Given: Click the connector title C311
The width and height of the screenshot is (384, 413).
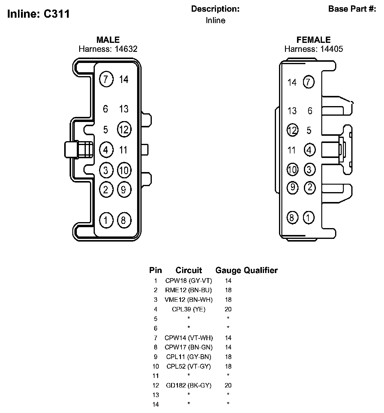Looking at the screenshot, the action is coord(56,14).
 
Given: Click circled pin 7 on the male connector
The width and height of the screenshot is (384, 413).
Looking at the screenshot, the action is coord(106,79).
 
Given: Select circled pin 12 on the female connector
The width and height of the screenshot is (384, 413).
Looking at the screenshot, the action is coord(292,130).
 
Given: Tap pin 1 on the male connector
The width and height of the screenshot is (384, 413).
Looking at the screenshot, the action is coord(106,220).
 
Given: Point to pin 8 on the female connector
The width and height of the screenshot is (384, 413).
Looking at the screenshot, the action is coord(292,218).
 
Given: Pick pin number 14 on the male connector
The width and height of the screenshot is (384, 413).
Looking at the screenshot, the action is coord(124,79).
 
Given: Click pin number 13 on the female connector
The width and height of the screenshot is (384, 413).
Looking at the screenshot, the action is coord(292,111).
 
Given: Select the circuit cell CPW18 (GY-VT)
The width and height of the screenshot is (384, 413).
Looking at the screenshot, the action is coord(188,281).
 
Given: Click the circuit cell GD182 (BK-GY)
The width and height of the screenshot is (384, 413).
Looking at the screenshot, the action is coord(188,385).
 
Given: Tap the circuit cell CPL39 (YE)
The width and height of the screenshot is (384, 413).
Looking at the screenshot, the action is coord(188,309).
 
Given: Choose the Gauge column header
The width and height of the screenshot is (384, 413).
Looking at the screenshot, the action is coord(228,270).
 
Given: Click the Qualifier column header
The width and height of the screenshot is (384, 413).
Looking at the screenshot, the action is coord(261,270).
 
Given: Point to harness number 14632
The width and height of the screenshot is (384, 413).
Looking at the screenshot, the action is coord(126,49).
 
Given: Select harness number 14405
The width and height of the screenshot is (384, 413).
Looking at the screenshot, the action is coord(331,49).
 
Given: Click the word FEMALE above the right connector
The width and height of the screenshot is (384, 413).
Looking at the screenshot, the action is coord(313,40).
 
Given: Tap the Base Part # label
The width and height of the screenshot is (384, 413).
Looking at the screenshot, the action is coord(352,9).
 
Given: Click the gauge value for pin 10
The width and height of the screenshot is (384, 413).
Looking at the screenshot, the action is coord(228,366).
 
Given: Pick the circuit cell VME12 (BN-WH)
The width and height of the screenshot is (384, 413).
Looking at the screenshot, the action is coord(188,300).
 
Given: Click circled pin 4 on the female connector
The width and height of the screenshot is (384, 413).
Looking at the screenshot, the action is coord(309,150).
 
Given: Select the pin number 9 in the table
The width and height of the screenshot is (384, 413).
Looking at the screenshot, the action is coord(156,357).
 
